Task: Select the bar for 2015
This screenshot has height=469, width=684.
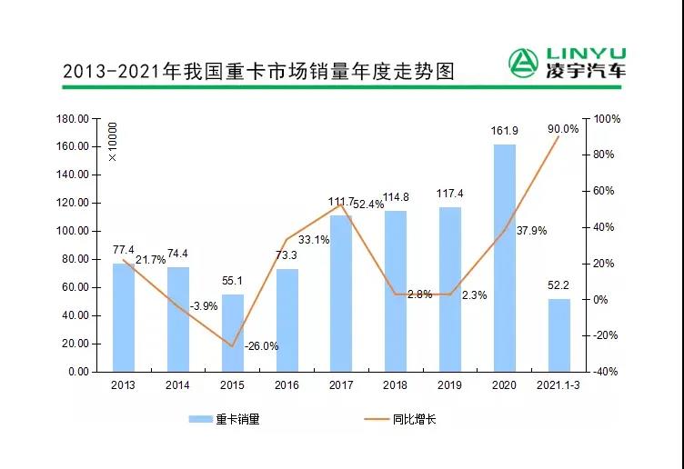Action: [x=233, y=333]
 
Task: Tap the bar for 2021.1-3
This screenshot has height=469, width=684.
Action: [x=558, y=334]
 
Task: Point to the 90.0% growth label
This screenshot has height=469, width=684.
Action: [x=563, y=129]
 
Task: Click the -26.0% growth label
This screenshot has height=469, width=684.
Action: [x=261, y=345]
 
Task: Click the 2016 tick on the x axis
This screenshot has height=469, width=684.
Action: [x=287, y=385]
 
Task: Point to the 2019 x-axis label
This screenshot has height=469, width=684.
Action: [x=450, y=385]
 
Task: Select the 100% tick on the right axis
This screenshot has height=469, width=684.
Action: [x=607, y=119]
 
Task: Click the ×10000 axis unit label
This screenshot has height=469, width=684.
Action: [x=113, y=142]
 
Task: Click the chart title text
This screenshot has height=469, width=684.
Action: [x=257, y=71]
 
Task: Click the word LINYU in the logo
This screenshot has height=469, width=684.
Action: [x=582, y=53]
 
